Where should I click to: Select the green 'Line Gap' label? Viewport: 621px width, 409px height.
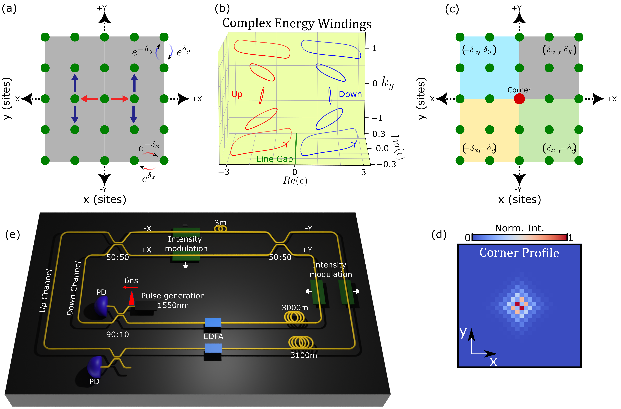point(275,159)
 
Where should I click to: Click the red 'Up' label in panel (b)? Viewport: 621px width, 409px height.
point(237,94)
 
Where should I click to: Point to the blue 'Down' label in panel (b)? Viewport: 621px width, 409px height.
point(350,94)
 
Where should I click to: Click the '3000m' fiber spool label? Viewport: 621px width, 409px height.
point(295,308)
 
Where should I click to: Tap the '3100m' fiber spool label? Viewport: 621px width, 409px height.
point(304,355)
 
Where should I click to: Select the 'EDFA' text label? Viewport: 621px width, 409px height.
point(213,336)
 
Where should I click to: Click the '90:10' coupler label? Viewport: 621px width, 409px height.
point(117,334)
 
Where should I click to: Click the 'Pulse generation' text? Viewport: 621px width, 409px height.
point(173,296)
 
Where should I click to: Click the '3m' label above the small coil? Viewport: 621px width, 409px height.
point(220,223)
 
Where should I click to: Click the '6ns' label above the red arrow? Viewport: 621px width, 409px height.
point(131,281)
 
